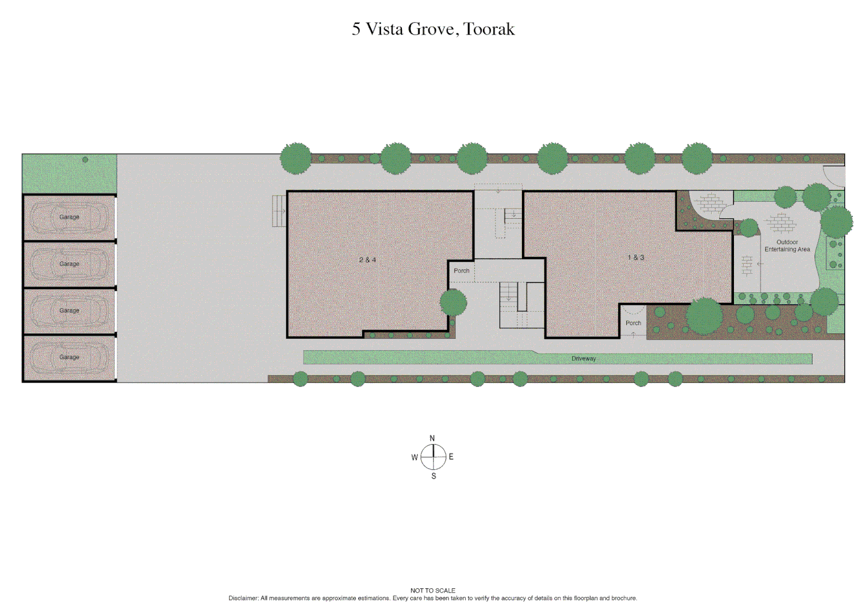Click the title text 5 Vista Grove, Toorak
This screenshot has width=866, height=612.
point(433,29)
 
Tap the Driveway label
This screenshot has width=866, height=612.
point(583,359)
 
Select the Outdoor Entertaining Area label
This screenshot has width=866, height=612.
point(787,246)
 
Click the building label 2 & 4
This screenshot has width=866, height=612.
point(367,260)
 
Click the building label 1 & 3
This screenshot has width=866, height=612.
point(635,258)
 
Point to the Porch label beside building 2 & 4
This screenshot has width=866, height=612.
point(461,271)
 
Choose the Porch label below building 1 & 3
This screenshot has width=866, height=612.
point(633,323)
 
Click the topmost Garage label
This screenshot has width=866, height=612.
point(69,217)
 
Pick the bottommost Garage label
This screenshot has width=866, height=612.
point(69,357)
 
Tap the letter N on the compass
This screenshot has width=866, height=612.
point(432,439)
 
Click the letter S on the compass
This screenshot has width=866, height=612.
point(434,476)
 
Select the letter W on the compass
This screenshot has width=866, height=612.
point(414,457)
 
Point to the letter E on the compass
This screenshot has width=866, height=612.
point(451,457)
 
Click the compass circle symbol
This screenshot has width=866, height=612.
point(434,457)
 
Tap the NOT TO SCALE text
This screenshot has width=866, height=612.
point(433,590)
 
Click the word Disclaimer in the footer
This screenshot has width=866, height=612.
point(243,598)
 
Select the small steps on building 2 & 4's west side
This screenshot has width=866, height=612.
point(279,211)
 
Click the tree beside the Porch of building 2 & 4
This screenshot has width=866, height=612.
point(453,303)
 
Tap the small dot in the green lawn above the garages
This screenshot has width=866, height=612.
point(85,160)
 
